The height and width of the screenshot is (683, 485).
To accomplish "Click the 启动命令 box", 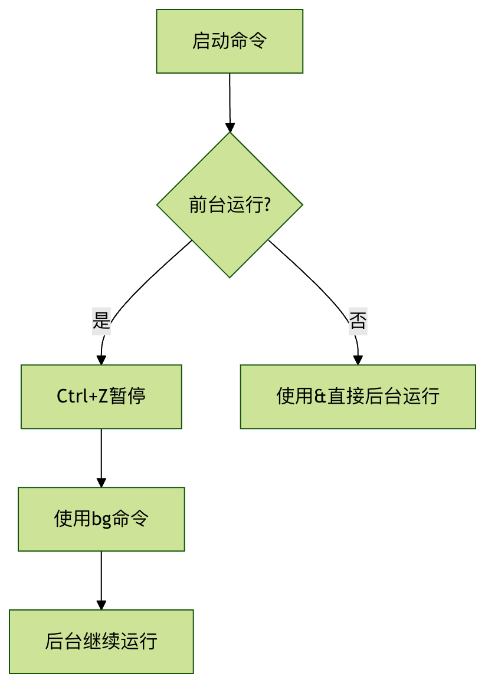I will coord(230,41).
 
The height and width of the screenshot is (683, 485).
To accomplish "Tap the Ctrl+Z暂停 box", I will coord(101,397).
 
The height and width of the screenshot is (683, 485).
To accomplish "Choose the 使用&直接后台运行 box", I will coord(358,397).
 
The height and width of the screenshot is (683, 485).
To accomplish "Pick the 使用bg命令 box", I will coord(101,519).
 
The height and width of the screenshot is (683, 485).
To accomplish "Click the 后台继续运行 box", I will coord(101,642).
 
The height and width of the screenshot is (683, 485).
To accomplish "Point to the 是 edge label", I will coord(101,321).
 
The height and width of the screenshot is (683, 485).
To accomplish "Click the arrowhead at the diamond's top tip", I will coord(230,128).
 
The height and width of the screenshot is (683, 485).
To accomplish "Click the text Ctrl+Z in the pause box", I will coord(82,397).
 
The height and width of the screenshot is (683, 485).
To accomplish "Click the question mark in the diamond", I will coord(267,205).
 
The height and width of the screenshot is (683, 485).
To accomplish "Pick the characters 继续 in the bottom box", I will coord(101,642).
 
